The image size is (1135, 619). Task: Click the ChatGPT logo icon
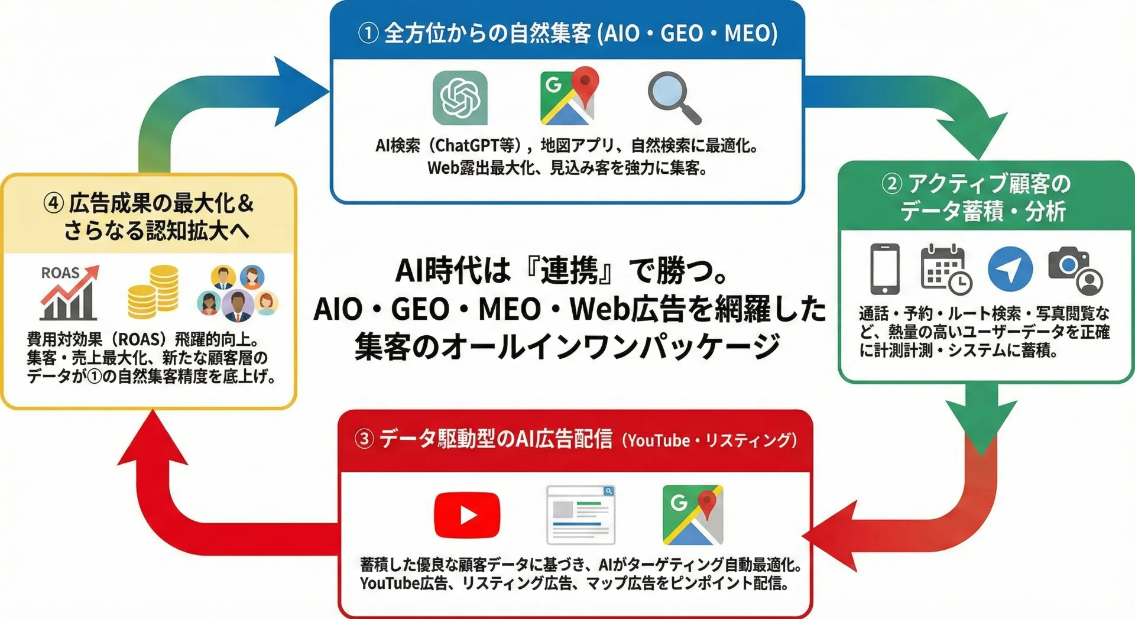(460, 98)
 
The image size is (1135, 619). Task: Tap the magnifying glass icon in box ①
(673, 97)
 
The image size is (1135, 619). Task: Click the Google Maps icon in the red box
(693, 514)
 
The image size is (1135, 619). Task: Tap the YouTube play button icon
(467, 514)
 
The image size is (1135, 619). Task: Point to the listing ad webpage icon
(581, 514)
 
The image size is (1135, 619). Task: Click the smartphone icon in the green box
(885, 269)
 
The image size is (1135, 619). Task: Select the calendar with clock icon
(945, 269)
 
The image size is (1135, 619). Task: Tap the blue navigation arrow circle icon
(1010, 269)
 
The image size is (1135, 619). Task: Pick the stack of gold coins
(153, 291)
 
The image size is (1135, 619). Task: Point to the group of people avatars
(238, 293)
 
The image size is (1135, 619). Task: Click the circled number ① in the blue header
(368, 33)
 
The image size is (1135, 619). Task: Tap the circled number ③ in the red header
(364, 439)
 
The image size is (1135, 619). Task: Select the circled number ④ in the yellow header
(53, 203)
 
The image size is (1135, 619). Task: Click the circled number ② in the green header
(891, 184)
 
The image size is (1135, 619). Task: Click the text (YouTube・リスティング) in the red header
(710, 440)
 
